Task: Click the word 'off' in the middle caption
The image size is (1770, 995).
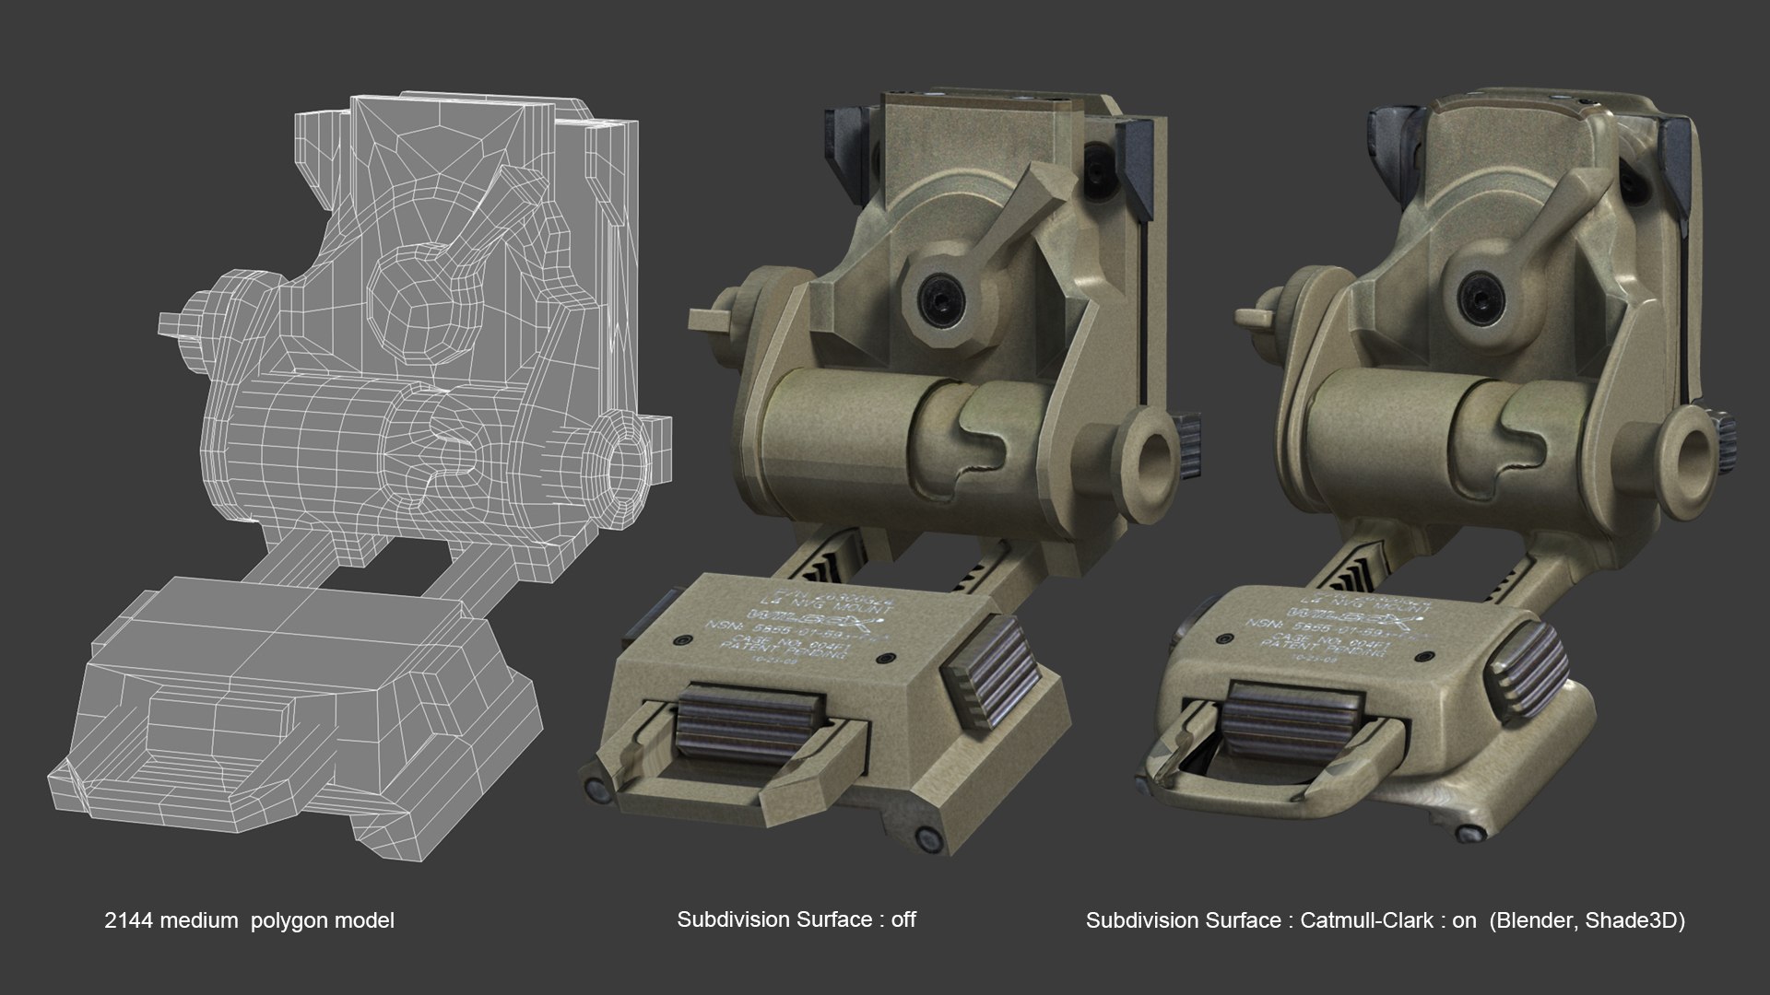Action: click(903, 919)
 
